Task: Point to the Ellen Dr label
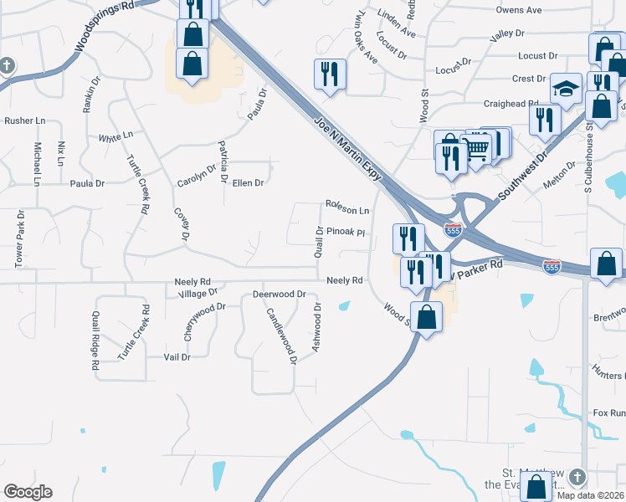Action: coord(248,182)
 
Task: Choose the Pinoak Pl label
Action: coord(346,232)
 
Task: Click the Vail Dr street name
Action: coord(177,356)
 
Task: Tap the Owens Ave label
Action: coord(519,10)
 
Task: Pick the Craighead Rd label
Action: coord(511,104)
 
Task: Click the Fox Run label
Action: coord(609,413)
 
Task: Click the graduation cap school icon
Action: coord(566,90)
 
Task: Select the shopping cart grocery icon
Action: coord(475,149)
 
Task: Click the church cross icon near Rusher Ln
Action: coord(7,65)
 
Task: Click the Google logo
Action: coord(28,492)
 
